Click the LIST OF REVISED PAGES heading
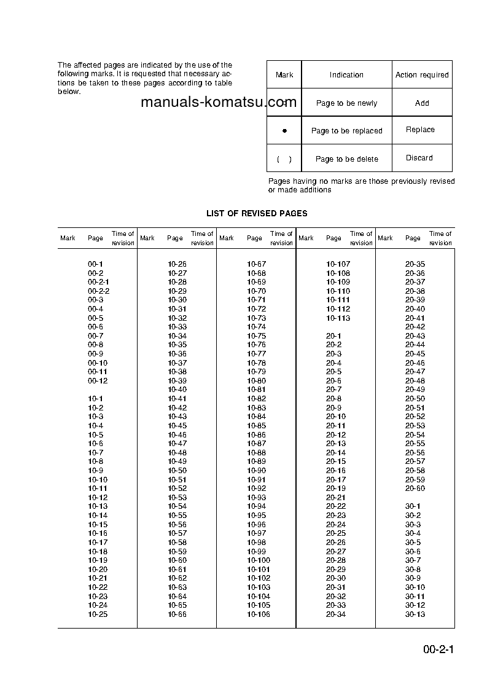257,213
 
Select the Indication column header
346,75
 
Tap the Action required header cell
422,75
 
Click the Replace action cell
420,130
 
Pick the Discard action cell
419,158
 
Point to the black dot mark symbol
284,131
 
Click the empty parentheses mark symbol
284,159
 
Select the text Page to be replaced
346,131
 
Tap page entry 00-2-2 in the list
98,291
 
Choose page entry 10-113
338,318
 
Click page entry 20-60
415,488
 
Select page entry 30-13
415,614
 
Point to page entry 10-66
177,614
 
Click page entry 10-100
259,560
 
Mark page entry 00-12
98,381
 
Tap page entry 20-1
333,336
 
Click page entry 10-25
98,614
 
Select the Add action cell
422,103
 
